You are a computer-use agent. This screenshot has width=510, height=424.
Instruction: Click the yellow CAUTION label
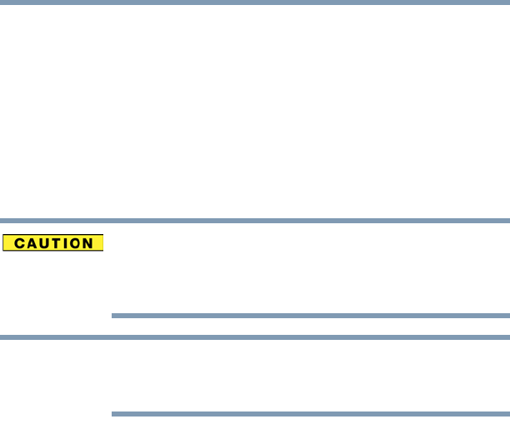[x=52, y=244]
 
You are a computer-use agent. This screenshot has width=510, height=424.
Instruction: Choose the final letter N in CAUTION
[x=91, y=244]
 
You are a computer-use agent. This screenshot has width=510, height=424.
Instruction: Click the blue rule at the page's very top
[x=255, y=2]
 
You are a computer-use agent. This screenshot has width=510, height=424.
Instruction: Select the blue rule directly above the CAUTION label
[x=255, y=221]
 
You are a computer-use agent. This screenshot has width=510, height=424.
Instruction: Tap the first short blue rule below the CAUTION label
[x=310, y=317]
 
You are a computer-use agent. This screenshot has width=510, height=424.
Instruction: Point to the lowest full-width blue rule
[x=255, y=337]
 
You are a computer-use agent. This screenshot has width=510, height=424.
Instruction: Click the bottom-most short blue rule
[x=310, y=413]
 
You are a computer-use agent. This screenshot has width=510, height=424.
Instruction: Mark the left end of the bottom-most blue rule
[x=112, y=413]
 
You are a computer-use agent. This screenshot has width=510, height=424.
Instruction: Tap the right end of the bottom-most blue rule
[x=507, y=413]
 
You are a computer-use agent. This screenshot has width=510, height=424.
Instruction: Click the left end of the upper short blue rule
[x=112, y=317]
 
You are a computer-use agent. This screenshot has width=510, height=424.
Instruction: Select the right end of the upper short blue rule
[x=507, y=317]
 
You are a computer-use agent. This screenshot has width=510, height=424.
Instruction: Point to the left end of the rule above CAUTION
[x=2, y=221]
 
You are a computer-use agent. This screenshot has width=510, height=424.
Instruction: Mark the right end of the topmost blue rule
[x=507, y=2]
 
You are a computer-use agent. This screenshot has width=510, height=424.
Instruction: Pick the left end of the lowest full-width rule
[x=2, y=337]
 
